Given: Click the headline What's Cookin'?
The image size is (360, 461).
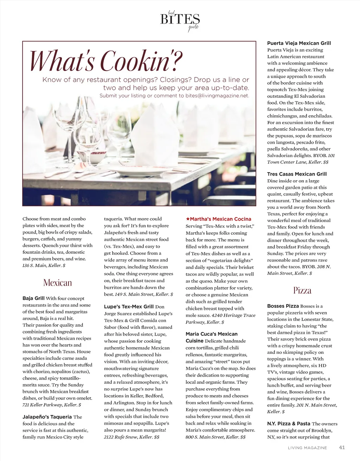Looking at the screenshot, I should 105,60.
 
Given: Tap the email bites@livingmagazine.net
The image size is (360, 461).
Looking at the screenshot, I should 217,96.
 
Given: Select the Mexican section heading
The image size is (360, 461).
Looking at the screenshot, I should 57,283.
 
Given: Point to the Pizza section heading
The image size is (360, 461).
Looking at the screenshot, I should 302,291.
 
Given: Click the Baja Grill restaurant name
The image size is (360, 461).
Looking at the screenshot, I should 33,298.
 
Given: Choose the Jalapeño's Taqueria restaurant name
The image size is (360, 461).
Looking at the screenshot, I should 47,417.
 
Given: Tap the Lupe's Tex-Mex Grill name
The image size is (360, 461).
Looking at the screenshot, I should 129,306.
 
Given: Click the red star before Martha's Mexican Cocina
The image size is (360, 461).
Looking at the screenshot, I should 188,219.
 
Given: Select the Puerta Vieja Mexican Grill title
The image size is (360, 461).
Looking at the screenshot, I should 299,43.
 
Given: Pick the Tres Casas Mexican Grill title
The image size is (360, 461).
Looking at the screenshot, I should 297,174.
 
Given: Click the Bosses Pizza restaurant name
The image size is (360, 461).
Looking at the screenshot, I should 283,306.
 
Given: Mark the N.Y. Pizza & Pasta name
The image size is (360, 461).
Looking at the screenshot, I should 289,424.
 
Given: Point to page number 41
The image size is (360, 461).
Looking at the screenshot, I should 342,447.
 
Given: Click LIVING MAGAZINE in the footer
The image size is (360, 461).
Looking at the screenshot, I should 307,448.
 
